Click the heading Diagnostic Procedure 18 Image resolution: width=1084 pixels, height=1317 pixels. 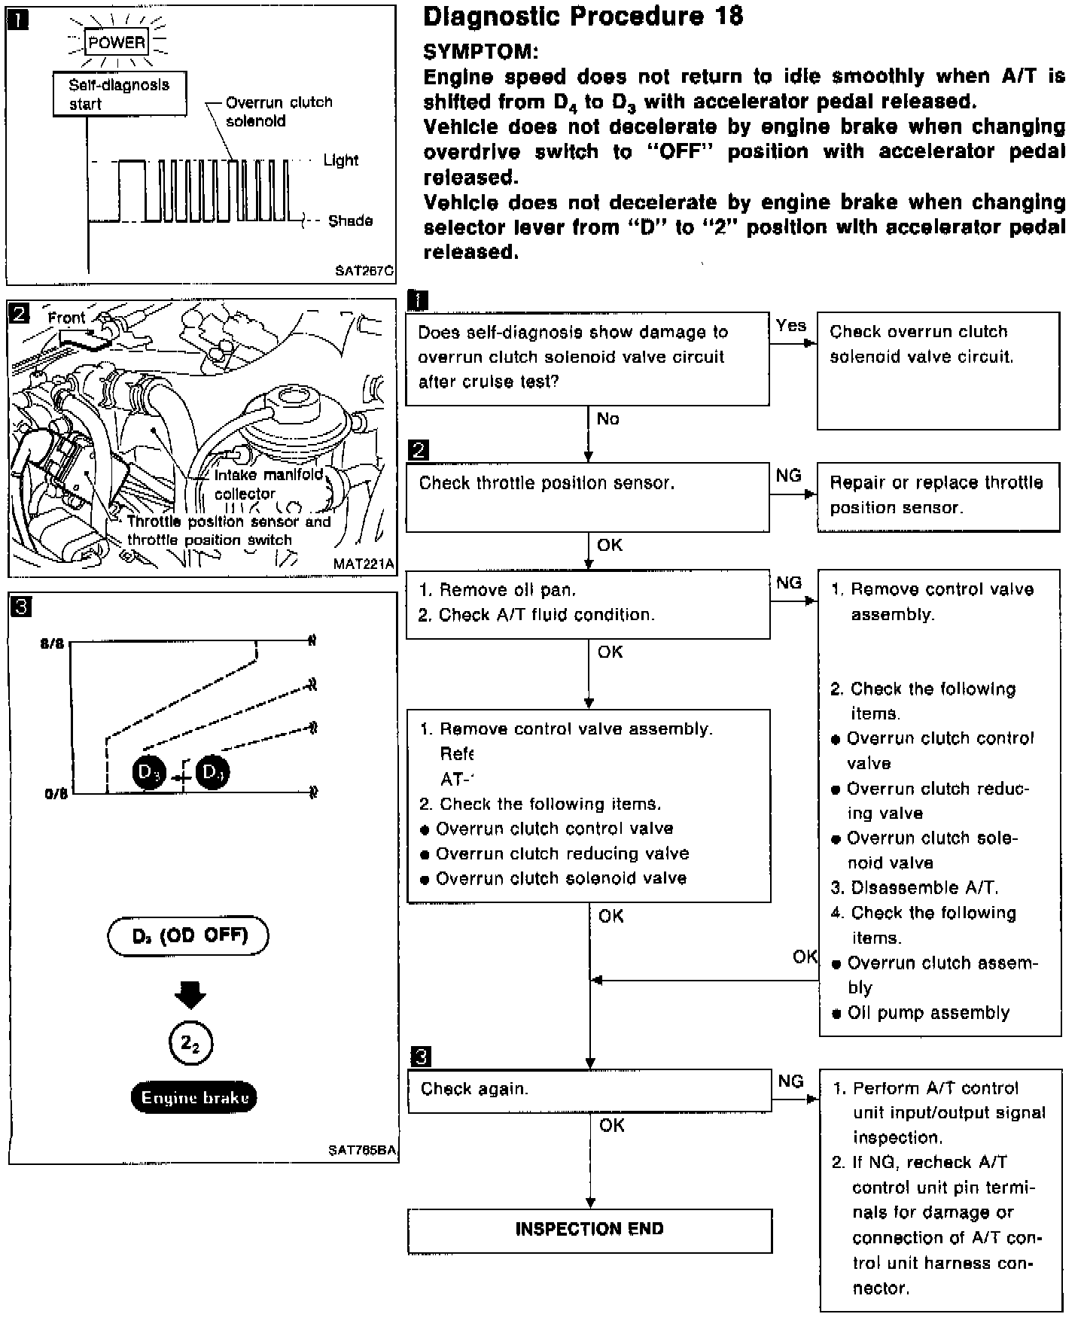583,17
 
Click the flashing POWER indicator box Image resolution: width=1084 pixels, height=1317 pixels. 117,43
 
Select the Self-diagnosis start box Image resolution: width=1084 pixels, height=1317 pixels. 119,94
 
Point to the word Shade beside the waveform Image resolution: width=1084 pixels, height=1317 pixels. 350,221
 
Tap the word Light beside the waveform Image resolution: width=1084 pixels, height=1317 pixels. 341,160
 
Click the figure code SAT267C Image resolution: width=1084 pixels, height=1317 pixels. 364,271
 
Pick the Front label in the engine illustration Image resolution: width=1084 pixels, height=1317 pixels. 67,318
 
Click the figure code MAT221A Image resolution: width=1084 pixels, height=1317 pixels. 364,564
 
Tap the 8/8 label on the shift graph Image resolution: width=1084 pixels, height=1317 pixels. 53,644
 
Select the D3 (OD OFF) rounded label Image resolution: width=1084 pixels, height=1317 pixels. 189,935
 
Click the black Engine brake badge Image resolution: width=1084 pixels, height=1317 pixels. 194,1098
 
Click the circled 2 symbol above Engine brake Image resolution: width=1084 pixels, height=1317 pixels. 190,1044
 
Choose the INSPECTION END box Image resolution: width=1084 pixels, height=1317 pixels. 589,1230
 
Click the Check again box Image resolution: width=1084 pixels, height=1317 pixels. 589,1090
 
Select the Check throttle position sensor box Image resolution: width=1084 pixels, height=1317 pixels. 587,497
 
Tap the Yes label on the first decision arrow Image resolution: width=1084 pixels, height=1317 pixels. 790,325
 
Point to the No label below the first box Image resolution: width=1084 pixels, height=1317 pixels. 607,419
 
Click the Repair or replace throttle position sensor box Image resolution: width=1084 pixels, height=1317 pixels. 938,497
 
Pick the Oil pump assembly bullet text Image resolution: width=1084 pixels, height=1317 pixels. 928,1013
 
